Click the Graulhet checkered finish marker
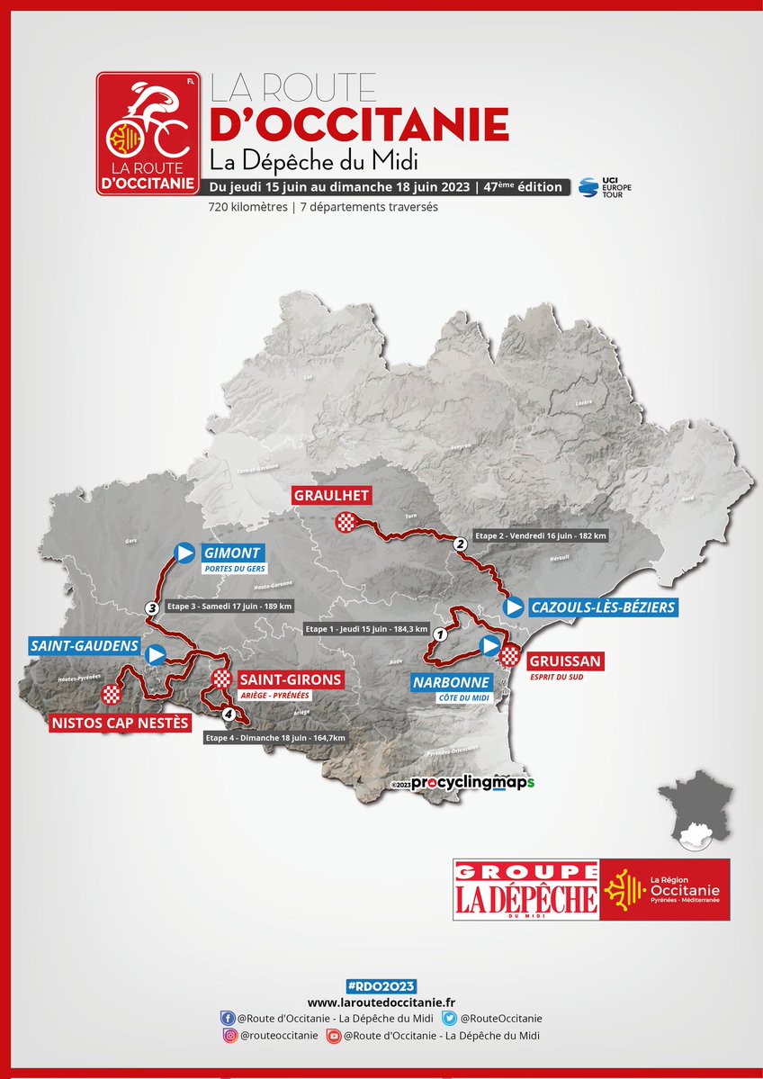[x=346, y=521]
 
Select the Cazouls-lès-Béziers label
[x=603, y=608]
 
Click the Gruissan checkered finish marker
[x=510, y=655]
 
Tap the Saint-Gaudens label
[x=84, y=646]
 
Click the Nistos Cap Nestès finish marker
[x=111, y=694]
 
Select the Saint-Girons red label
[x=291, y=679]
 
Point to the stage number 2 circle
[x=460, y=544]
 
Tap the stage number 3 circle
[x=153, y=608]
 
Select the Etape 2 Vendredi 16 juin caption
[x=541, y=535]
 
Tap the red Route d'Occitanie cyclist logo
[x=148, y=133]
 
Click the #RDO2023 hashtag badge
[x=381, y=986]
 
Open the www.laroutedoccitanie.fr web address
[x=381, y=1002]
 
